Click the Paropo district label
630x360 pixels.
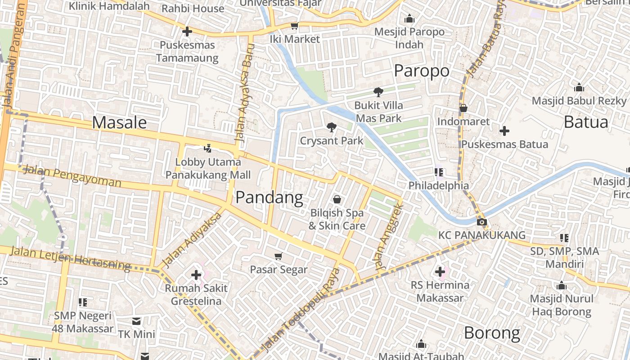[422, 71]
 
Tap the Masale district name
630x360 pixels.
[119, 122]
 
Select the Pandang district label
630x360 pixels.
[269, 197]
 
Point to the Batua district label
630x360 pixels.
[585, 122]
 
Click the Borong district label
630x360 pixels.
[492, 333]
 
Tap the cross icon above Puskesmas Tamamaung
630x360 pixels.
[187, 31]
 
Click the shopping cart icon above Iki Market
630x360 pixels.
[294, 26]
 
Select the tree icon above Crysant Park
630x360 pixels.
[331, 127]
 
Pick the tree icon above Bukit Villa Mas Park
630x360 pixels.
[378, 92]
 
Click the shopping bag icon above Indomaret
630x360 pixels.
[463, 108]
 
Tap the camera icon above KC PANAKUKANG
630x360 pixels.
[481, 222]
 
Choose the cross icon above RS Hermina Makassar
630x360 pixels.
[440, 271]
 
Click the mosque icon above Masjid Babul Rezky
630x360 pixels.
[579, 87]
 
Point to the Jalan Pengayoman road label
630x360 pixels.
[72, 176]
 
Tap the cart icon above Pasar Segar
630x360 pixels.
[278, 256]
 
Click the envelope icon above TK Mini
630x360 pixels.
[136, 321]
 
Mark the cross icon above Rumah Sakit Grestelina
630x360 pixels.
[196, 274]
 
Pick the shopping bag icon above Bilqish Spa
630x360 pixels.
[337, 199]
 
